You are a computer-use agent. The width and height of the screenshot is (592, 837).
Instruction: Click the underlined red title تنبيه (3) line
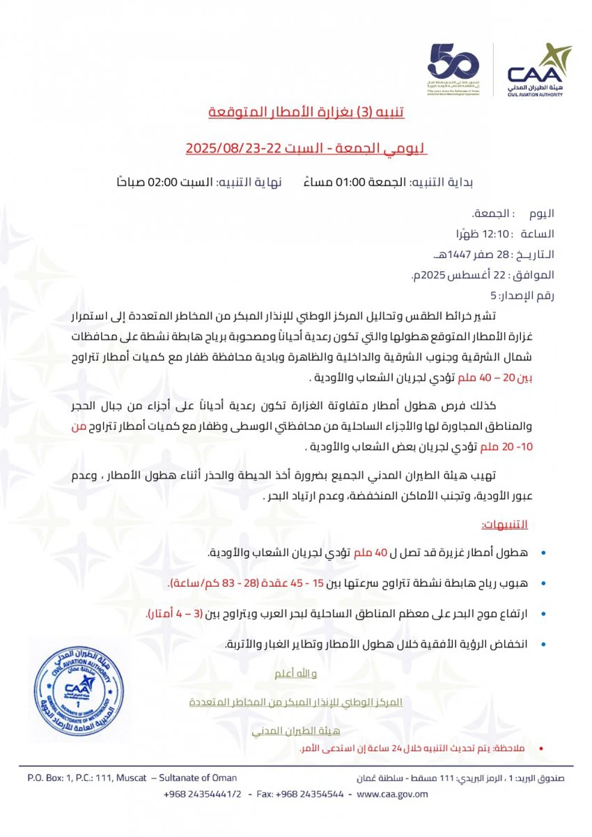tap(307, 112)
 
